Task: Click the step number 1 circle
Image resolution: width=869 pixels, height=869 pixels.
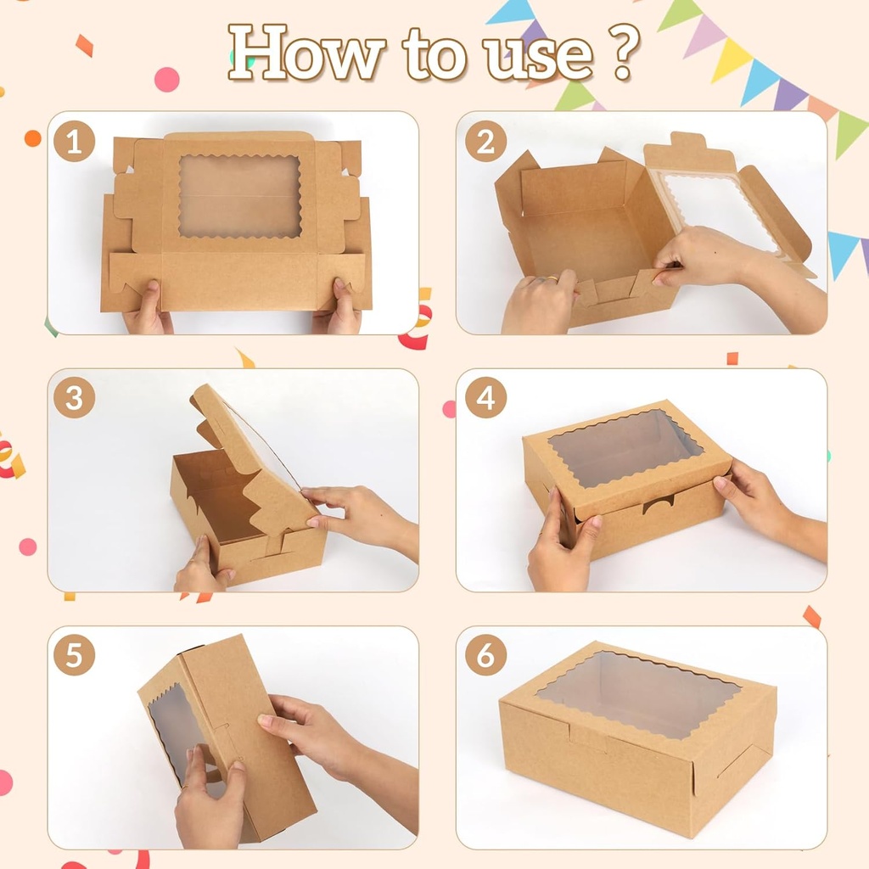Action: click(x=74, y=141)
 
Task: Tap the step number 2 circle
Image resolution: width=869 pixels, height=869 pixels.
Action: click(x=485, y=141)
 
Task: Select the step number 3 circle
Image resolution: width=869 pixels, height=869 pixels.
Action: click(x=74, y=397)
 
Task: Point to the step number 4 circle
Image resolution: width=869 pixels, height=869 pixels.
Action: click(x=485, y=397)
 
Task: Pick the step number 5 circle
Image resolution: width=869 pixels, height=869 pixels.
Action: click(x=74, y=655)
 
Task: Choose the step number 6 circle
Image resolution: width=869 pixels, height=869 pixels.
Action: click(x=485, y=655)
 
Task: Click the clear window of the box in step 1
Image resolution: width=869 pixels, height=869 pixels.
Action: click(x=239, y=196)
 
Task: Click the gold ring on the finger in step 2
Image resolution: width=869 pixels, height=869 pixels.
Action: click(x=552, y=278)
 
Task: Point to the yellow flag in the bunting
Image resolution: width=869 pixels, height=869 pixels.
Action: click(x=731, y=59)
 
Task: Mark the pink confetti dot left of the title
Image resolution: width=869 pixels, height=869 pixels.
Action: click(x=166, y=80)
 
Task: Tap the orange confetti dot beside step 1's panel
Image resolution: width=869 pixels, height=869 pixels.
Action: click(x=33, y=138)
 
